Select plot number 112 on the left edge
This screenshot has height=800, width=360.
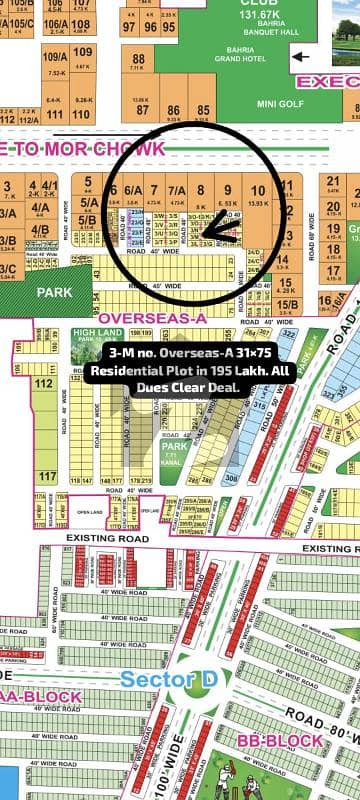tap(44, 382)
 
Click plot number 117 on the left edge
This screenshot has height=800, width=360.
tap(44, 476)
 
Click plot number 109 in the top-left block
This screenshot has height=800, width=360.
tap(84, 52)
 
